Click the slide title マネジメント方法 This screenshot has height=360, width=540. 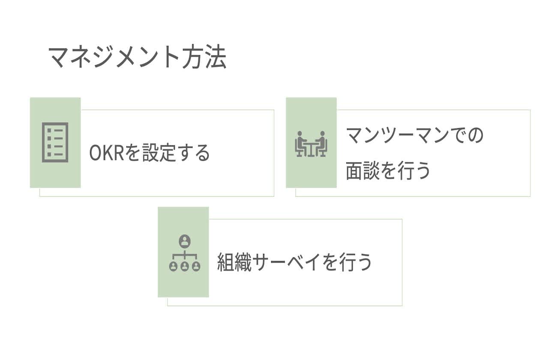coord(137,57)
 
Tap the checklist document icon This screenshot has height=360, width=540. coord(55,143)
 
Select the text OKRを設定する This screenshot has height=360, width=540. coord(150,153)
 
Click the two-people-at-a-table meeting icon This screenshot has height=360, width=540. coord(311,144)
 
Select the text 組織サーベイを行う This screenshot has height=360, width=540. coord(294,262)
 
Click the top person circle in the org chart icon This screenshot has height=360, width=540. coord(185,241)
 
